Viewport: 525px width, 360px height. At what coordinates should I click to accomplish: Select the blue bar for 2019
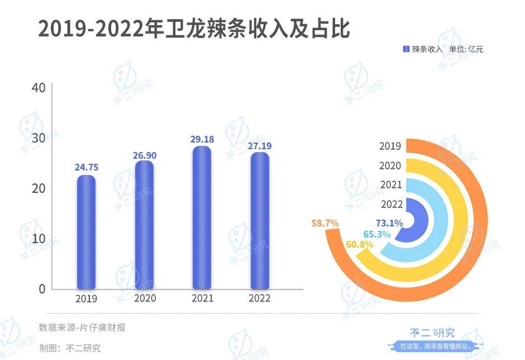pos(86,232)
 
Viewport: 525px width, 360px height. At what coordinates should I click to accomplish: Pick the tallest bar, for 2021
pos(202,218)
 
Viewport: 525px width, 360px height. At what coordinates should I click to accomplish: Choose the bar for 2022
pos(260,221)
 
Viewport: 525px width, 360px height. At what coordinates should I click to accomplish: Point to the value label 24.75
pos(86,167)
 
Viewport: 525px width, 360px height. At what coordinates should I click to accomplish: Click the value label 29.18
pos(202,138)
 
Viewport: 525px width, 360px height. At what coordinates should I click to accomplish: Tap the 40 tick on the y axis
pos(39,88)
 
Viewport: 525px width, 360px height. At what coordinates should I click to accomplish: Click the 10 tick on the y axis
pos(39,239)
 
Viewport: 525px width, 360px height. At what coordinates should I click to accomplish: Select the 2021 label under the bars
pos(202,299)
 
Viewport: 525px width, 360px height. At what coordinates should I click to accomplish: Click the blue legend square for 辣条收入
pos(406,49)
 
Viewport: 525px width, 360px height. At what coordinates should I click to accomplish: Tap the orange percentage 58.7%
pos(325,223)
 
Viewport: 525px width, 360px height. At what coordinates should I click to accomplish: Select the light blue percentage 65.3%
pos(376,234)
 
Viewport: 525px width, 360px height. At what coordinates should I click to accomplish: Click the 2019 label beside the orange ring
pos(390,146)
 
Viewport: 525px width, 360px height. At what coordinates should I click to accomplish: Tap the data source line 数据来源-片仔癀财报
pos(82,328)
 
